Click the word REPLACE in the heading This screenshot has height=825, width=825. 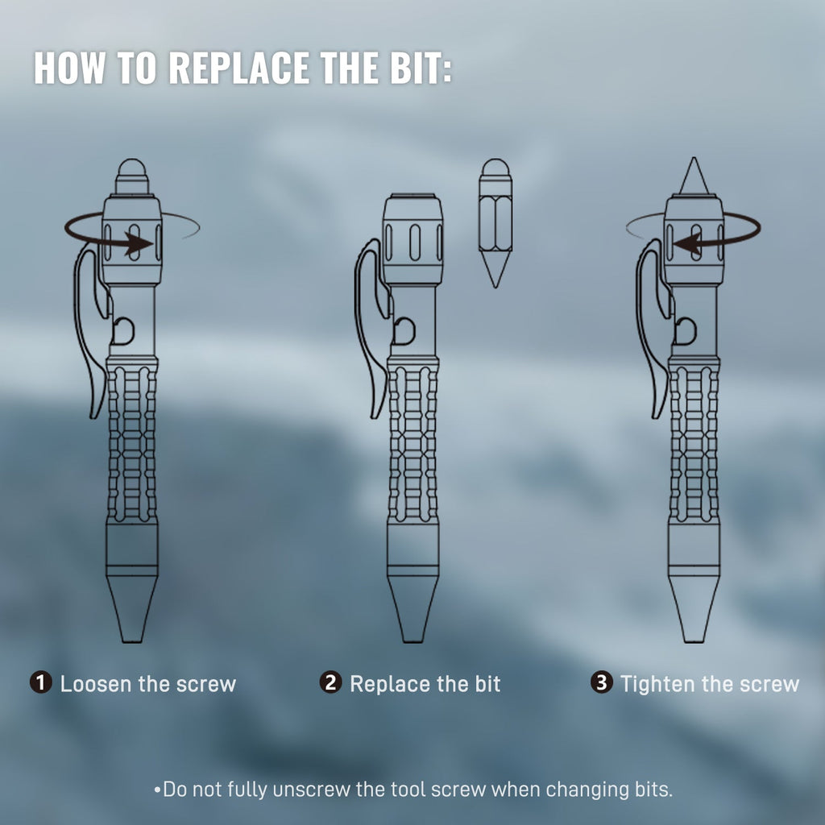[239, 68]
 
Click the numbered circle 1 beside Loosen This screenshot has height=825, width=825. [40, 682]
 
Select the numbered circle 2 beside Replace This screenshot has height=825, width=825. [330, 682]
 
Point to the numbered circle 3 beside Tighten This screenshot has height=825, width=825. [601, 682]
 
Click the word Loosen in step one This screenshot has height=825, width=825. [96, 684]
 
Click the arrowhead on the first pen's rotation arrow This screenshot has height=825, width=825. [139, 243]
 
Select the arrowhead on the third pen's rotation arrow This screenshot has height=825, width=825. [686, 244]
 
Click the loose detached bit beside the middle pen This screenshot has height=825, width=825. [495, 223]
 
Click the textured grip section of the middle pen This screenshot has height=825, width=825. [413, 443]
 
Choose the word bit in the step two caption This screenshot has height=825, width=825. [487, 684]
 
